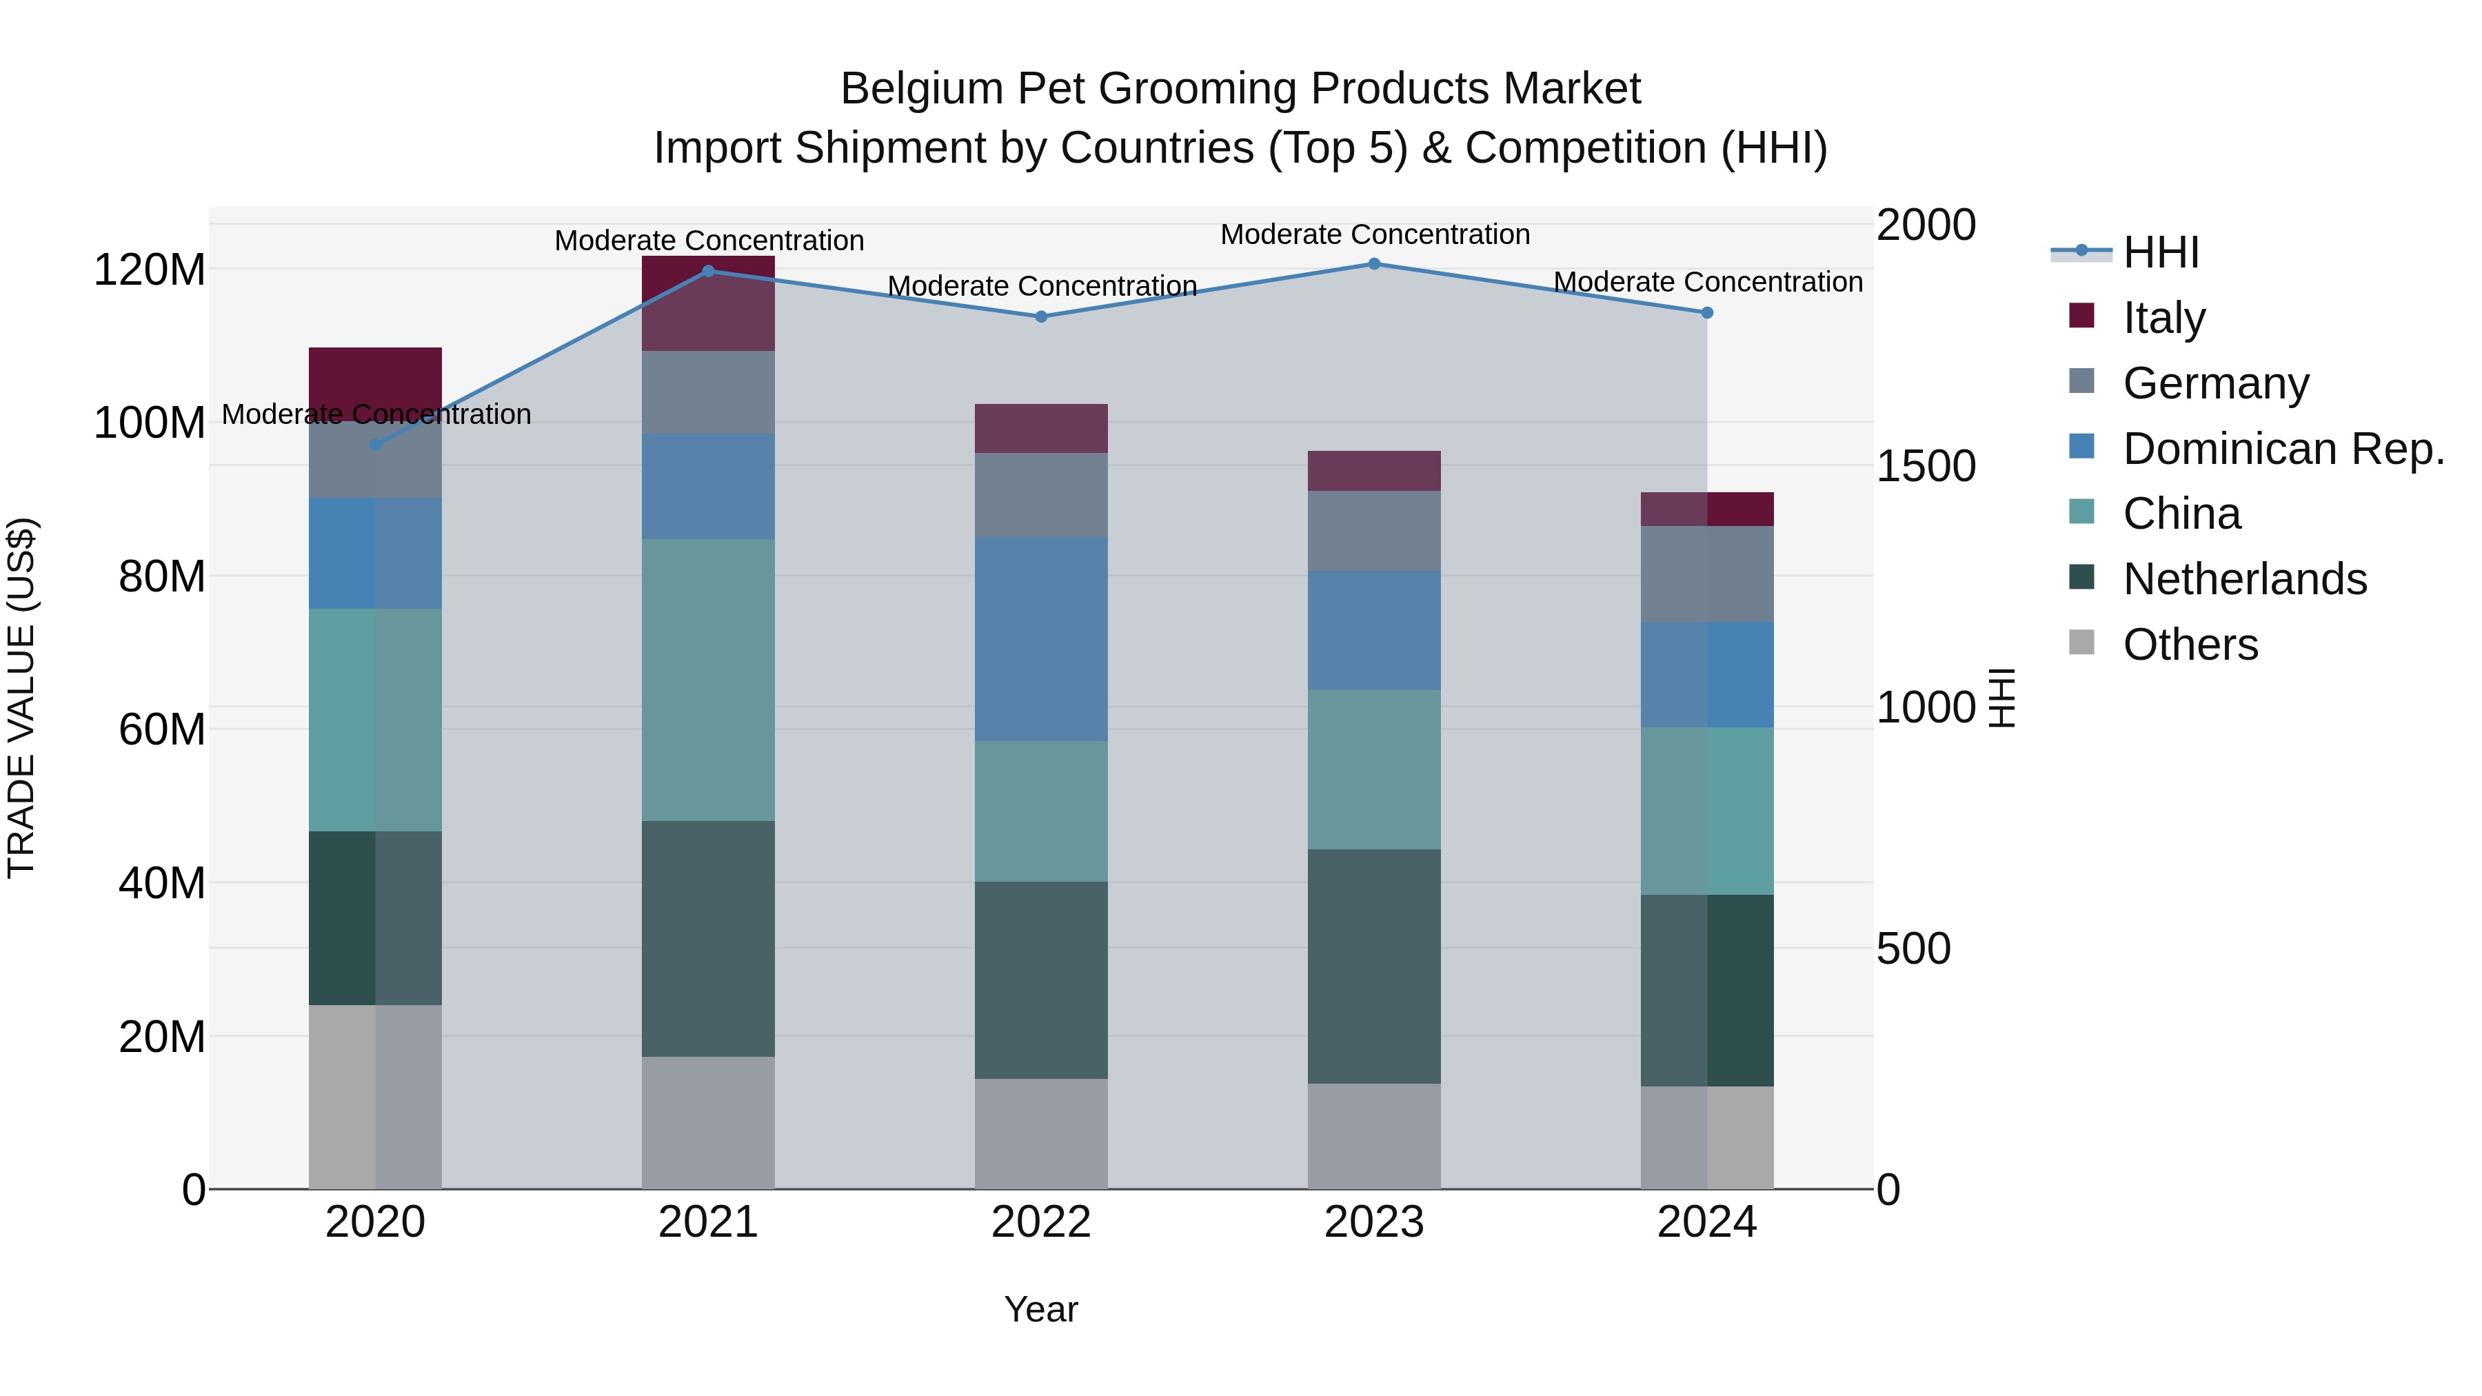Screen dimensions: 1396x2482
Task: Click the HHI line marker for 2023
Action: [x=1374, y=264]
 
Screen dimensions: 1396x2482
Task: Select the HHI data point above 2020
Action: [x=376, y=445]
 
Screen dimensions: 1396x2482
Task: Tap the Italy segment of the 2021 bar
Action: [x=708, y=303]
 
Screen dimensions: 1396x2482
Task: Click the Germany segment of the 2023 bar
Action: [x=1374, y=530]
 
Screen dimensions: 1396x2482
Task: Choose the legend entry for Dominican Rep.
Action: [x=2283, y=449]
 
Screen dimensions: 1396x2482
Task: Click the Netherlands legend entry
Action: [x=2244, y=579]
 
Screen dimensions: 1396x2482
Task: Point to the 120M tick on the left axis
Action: [x=150, y=270]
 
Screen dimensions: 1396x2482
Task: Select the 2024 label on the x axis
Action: [x=1706, y=1222]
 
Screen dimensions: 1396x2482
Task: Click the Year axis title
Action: [x=1040, y=1309]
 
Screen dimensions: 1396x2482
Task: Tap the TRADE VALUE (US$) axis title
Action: [x=21, y=698]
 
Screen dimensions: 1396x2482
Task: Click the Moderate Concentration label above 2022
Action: [x=1042, y=286]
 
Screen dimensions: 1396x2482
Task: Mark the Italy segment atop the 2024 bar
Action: [x=1706, y=509]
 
